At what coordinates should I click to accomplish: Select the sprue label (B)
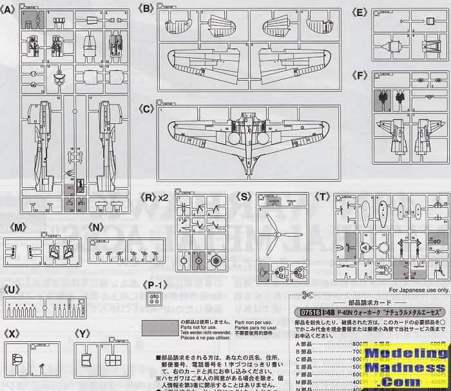(147, 8)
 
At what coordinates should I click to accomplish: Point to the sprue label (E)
(360, 12)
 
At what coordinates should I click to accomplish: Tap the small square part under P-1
(153, 298)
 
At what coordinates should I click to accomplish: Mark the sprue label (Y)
(84, 333)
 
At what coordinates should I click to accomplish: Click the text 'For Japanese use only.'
(418, 290)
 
